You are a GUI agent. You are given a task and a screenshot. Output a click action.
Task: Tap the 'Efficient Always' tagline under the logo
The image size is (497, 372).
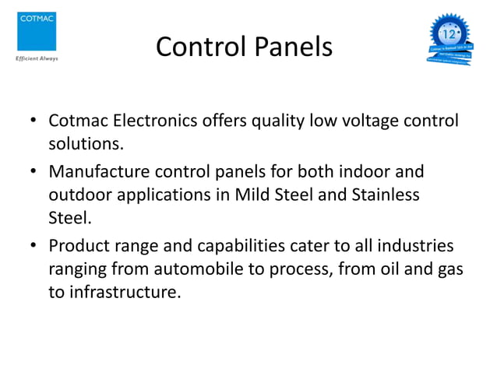click(x=32, y=58)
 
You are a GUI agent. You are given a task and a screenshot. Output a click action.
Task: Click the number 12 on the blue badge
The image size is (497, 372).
click(x=449, y=34)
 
